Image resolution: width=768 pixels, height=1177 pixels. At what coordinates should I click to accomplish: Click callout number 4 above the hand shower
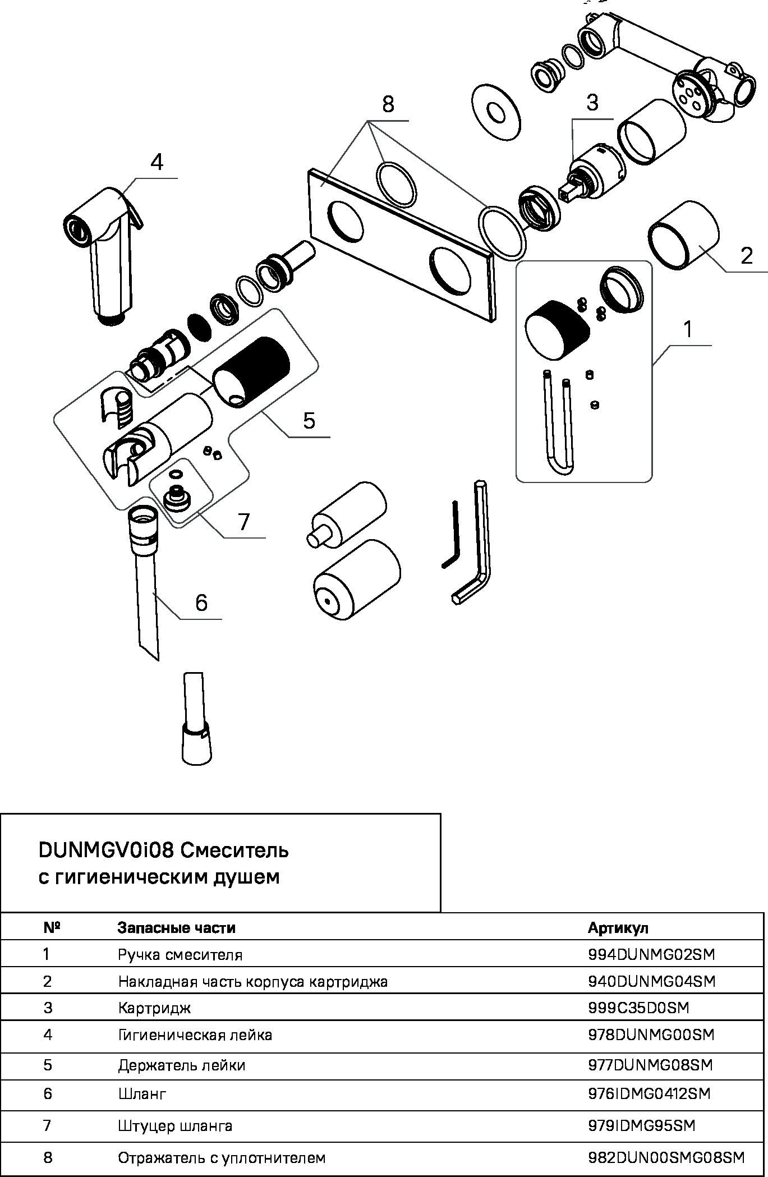tap(157, 163)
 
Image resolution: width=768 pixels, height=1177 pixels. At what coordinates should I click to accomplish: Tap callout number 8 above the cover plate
tap(388, 105)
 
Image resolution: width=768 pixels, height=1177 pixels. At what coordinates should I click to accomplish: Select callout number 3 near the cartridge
tap(592, 103)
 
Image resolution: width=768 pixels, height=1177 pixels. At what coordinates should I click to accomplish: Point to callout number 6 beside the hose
tap(201, 603)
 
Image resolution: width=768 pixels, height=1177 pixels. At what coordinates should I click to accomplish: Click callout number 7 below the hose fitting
tap(243, 522)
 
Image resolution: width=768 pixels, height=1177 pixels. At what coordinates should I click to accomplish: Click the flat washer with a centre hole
tap(496, 113)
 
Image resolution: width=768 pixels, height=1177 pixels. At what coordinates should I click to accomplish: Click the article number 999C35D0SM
tap(638, 1008)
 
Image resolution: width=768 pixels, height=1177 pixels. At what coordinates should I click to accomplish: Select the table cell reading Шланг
tap(142, 1093)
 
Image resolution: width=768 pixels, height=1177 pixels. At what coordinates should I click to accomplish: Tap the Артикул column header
tap(618, 928)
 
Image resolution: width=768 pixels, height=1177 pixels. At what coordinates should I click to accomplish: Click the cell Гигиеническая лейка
tap(195, 1035)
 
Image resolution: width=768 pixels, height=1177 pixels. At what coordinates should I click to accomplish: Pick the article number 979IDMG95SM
tap(641, 1125)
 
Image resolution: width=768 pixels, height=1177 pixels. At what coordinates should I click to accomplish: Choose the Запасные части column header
tap(176, 928)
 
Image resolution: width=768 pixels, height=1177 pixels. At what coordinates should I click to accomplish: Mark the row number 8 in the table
tap(48, 1157)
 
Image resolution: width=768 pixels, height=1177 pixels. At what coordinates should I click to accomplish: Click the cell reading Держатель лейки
tap(181, 1065)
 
